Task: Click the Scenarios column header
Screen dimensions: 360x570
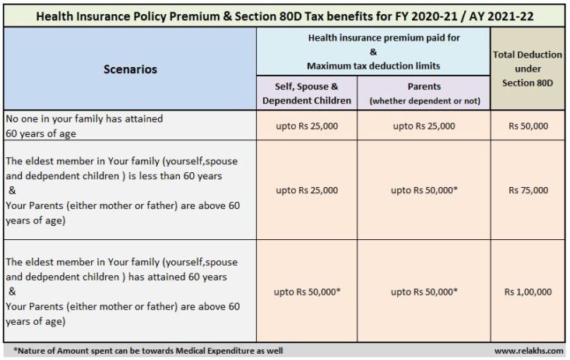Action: click(130, 69)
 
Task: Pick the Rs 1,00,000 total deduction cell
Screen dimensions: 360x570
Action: click(527, 292)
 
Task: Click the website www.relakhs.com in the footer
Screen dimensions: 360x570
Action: click(529, 351)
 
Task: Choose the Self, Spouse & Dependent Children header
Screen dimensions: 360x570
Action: click(307, 94)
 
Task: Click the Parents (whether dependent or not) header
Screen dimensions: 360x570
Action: click(424, 94)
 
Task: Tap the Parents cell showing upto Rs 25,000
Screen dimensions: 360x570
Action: click(424, 125)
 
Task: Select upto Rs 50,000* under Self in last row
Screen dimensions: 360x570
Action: click(307, 292)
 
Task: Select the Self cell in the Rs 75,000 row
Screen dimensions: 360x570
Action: click(307, 190)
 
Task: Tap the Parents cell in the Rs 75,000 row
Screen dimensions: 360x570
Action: click(424, 190)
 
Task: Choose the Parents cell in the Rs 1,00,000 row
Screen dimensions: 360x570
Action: click(424, 292)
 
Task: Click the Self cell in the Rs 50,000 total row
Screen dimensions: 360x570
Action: click(307, 125)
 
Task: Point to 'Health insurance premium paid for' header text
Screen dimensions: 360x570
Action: click(374, 37)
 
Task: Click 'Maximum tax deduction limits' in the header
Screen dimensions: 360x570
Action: click(374, 65)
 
